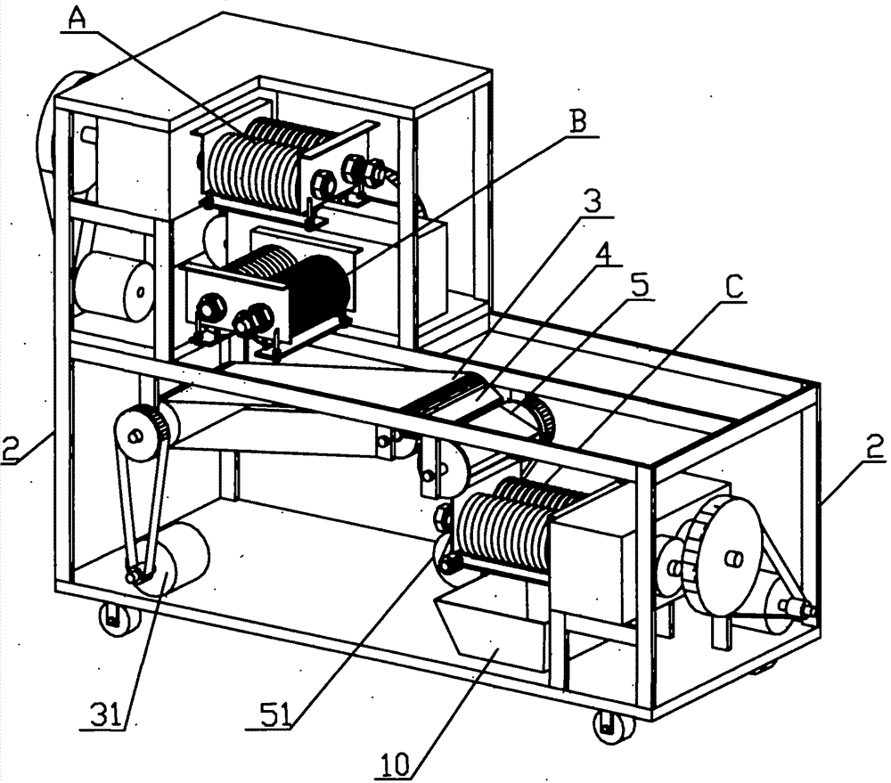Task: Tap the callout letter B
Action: (x=578, y=122)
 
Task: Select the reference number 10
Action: (x=395, y=765)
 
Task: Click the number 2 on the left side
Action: (x=12, y=448)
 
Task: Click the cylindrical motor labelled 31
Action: (x=174, y=559)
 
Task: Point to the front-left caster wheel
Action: (x=118, y=618)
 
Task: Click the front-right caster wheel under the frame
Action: (x=613, y=728)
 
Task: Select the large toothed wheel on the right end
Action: (x=723, y=559)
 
